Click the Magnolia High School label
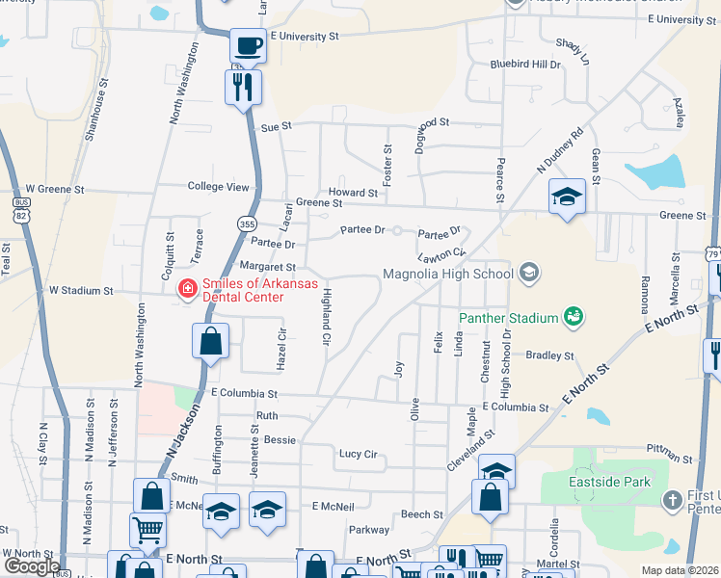coord(447,274)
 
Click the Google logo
coord(31,565)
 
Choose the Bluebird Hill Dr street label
coord(524,65)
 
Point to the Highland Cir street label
coord(326,316)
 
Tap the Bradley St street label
coord(549,355)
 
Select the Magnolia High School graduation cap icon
coord(527,274)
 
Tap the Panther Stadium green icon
coord(573,316)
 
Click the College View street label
coord(218,187)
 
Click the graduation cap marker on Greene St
coord(567,197)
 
